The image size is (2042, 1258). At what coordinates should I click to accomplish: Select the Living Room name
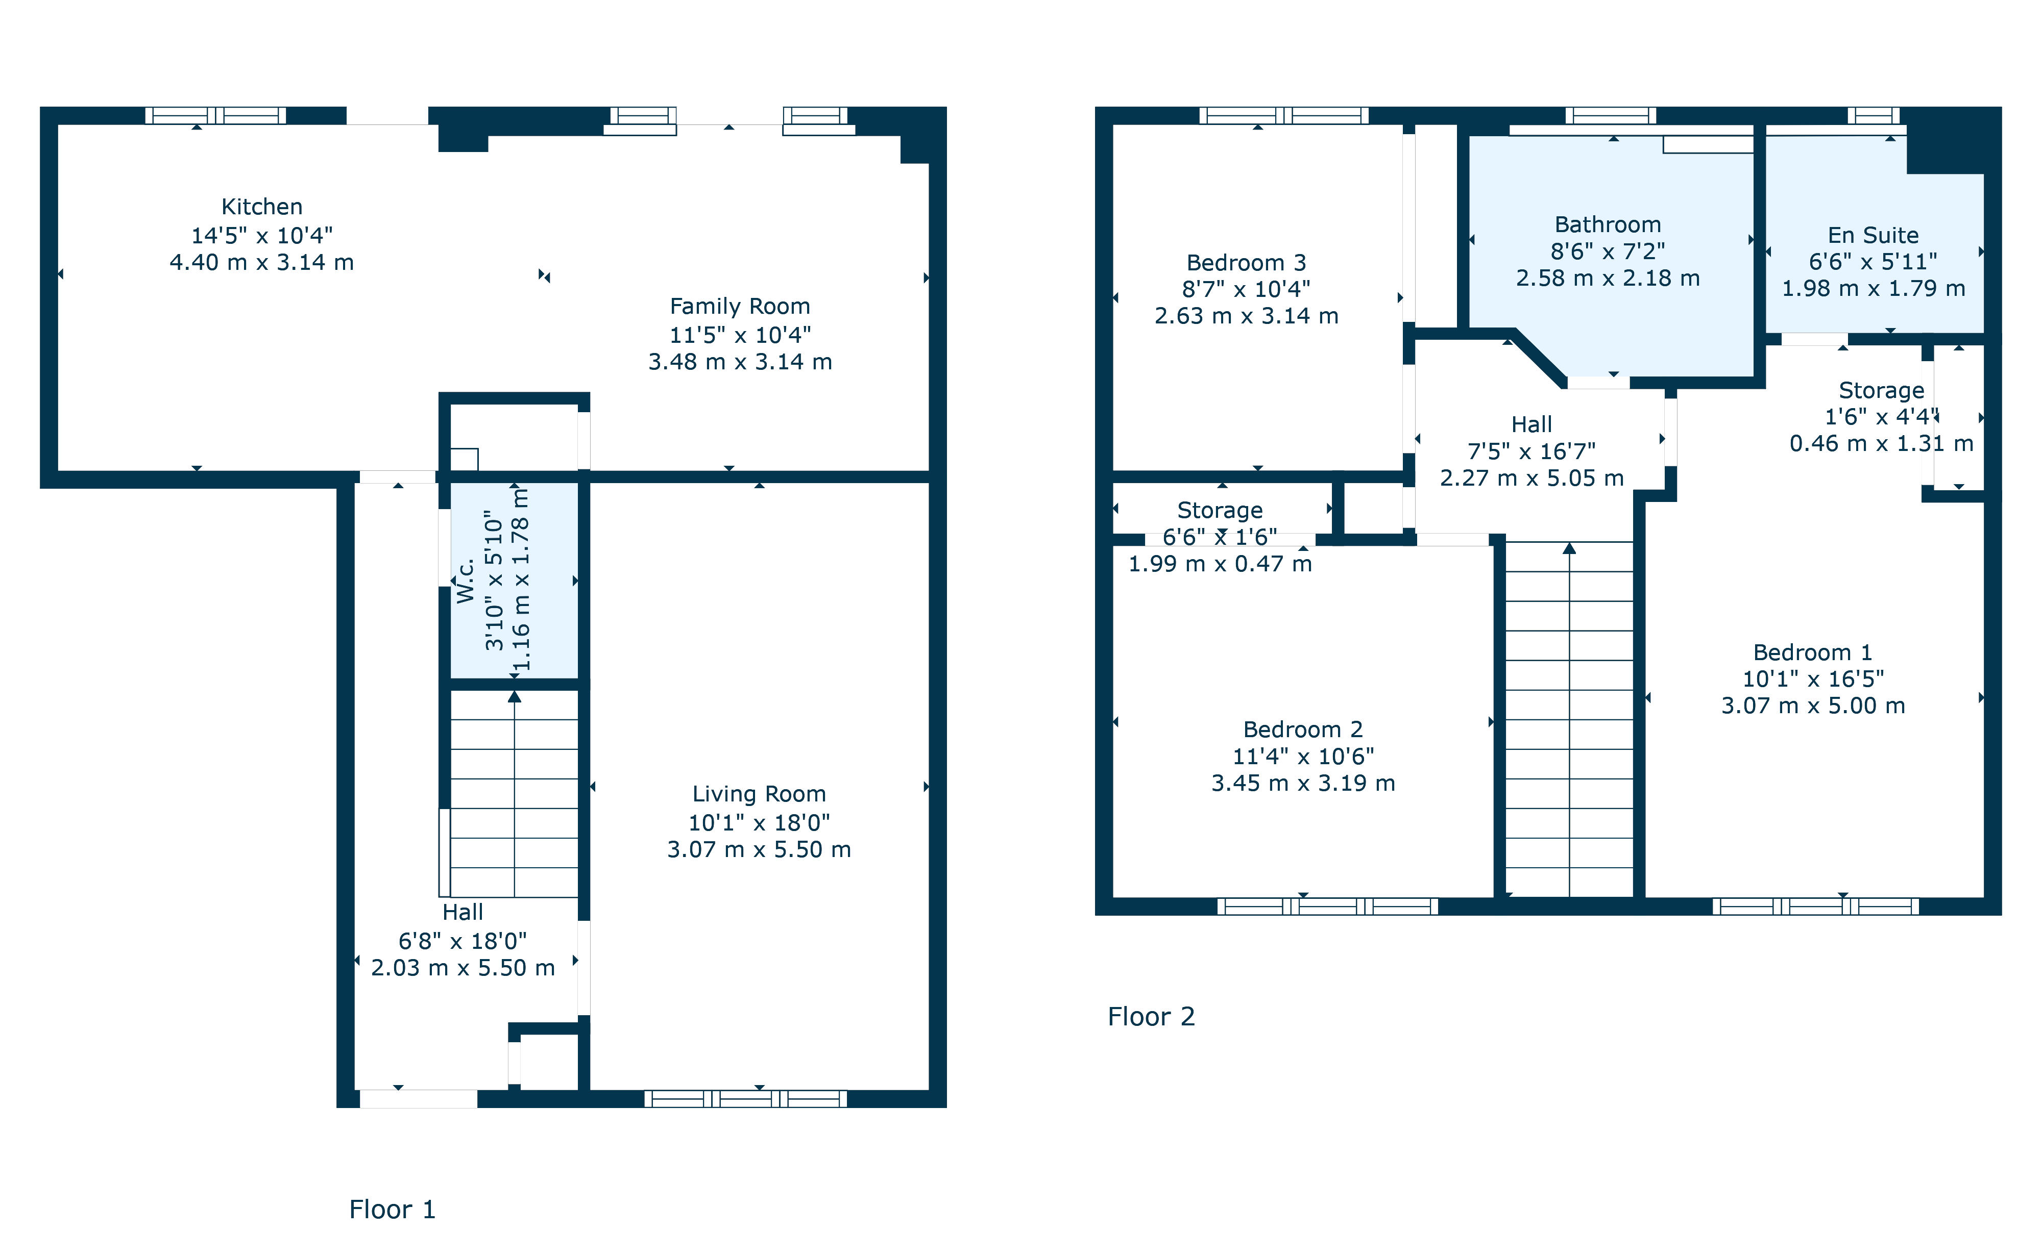(x=759, y=795)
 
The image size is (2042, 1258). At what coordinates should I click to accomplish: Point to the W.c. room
(x=466, y=581)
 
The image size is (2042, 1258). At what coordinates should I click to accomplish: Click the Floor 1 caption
(x=392, y=1209)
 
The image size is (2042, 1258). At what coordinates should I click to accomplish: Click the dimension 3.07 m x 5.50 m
(x=759, y=849)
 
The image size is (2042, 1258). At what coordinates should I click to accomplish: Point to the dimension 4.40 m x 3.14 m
(x=261, y=262)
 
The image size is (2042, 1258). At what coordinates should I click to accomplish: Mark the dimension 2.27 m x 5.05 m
(x=1531, y=479)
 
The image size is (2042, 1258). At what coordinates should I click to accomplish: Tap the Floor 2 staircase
(x=1569, y=720)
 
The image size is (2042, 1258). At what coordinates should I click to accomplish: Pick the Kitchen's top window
(x=215, y=116)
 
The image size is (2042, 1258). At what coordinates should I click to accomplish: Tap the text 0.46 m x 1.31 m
(x=1881, y=443)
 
